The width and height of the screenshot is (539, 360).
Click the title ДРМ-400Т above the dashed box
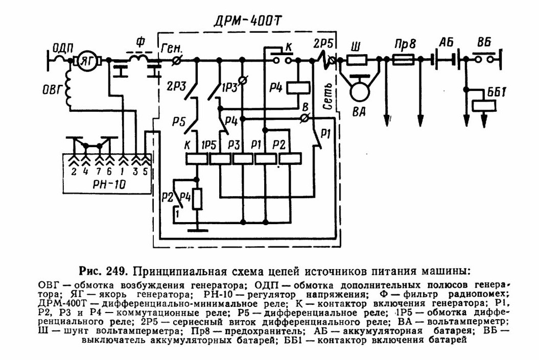(x=247, y=21)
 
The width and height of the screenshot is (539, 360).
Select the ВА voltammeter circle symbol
(x=360, y=90)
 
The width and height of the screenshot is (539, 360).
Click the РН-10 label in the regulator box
(x=109, y=185)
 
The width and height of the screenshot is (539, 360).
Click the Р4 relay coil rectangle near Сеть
(x=298, y=88)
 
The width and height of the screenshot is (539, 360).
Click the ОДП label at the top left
(x=62, y=47)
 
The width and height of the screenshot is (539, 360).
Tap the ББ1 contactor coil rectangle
(x=484, y=105)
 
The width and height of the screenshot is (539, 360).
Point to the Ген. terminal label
(x=172, y=49)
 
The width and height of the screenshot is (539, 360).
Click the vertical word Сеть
(x=328, y=96)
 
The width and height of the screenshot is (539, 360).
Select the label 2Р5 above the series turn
(x=323, y=43)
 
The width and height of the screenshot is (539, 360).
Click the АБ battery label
(x=447, y=43)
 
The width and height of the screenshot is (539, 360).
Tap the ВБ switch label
(x=483, y=42)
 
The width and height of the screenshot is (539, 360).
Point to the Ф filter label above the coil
(x=140, y=42)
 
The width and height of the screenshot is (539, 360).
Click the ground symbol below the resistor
(x=197, y=230)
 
